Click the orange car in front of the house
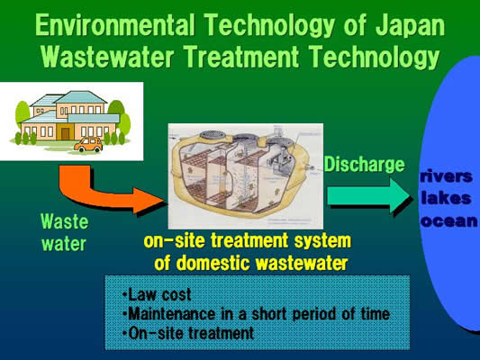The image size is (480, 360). click(x=88, y=144)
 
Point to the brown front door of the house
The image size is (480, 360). click(x=65, y=134)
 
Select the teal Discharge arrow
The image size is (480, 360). click(x=369, y=196)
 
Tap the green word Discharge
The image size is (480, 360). click(x=365, y=165)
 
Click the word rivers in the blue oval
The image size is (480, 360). click(x=447, y=176)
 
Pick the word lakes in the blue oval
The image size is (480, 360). click(x=446, y=199)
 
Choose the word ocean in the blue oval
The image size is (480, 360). click(x=448, y=220)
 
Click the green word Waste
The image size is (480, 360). click(x=65, y=221)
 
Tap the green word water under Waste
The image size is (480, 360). click(x=64, y=244)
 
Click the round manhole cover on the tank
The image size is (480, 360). click(x=213, y=135)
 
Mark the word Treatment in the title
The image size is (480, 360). click(x=241, y=57)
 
